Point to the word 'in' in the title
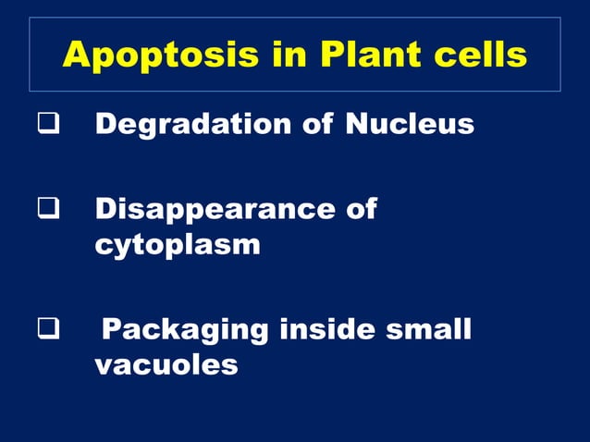pyautogui.click(x=277, y=56)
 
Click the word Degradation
pyautogui.click(x=188, y=124)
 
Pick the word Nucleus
pyautogui.click(x=410, y=124)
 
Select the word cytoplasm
pyautogui.click(x=177, y=246)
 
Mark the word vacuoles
pyautogui.click(x=166, y=365)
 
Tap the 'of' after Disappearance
pyautogui.click(x=359, y=208)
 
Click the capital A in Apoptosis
pyautogui.click(x=75, y=56)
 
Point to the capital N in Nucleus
pyautogui.click(x=356, y=124)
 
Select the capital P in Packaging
pyautogui.click(x=110, y=328)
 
